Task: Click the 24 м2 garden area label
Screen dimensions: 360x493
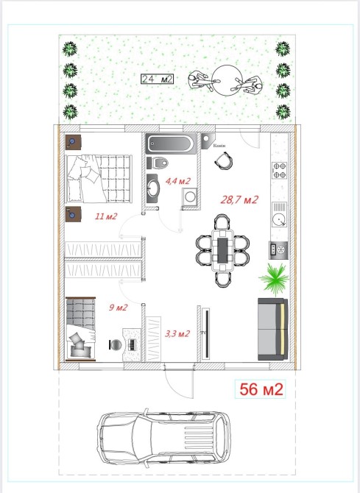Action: click(x=157, y=79)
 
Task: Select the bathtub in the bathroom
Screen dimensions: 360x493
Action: click(x=171, y=143)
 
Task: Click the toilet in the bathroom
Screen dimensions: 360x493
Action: click(x=160, y=163)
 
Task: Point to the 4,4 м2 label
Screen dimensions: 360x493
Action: click(x=178, y=181)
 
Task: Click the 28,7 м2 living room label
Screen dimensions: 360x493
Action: click(x=239, y=199)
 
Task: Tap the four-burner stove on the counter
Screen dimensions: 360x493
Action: click(x=280, y=170)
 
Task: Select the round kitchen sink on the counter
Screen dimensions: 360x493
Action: click(x=279, y=219)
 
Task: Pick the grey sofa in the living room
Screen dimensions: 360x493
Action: click(x=273, y=329)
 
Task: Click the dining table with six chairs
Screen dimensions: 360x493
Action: click(x=223, y=250)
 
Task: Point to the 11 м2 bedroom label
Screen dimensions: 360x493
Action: click(x=106, y=216)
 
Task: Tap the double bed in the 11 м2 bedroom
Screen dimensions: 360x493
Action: click(x=99, y=179)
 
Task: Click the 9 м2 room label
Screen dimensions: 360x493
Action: click(x=118, y=307)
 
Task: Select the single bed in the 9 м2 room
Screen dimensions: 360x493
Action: click(x=80, y=329)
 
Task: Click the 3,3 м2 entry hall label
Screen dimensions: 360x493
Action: click(x=177, y=333)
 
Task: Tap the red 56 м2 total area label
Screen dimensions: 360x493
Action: click(x=261, y=389)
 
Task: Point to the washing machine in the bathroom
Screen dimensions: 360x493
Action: click(x=190, y=197)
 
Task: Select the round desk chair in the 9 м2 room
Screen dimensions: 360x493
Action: click(x=115, y=345)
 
